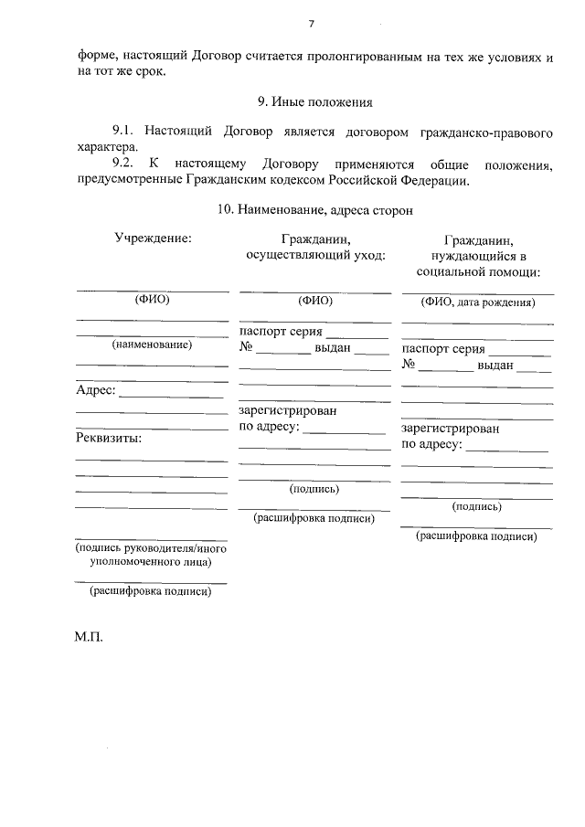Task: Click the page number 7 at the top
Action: pyautogui.click(x=312, y=24)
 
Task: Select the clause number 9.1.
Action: pyautogui.click(x=122, y=133)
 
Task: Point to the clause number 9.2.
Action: pyautogui.click(x=122, y=164)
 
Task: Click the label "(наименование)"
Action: pyautogui.click(x=152, y=345)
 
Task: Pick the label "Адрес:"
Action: pyautogui.click(x=95, y=391)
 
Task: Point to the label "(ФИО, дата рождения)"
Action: pyautogui.click(x=478, y=302)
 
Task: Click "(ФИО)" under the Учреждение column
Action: pyautogui.click(x=153, y=300)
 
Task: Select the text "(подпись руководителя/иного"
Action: pyautogui.click(x=151, y=548)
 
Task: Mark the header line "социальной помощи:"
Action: pyautogui.click(x=477, y=271)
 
